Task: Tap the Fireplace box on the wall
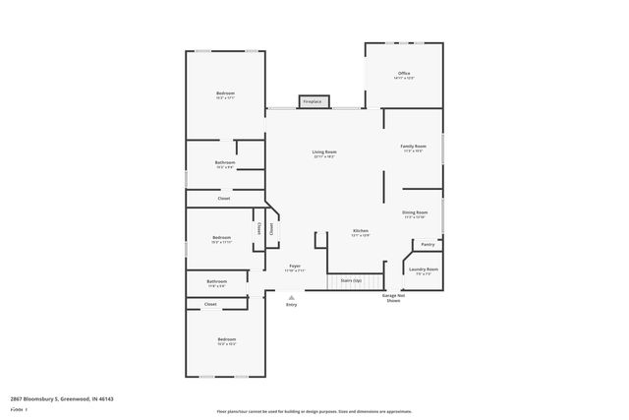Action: (313, 101)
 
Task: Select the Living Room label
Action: (324, 153)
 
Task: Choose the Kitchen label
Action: (361, 233)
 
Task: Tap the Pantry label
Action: (428, 244)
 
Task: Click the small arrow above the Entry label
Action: (291, 297)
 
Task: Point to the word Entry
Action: (291, 305)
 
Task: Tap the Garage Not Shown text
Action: (393, 297)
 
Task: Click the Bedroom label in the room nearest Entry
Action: (226, 341)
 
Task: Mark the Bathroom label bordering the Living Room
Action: (225, 164)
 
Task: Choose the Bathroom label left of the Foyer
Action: (216, 283)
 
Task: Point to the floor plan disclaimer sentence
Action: (314, 411)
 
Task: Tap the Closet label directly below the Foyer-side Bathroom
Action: (210, 305)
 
